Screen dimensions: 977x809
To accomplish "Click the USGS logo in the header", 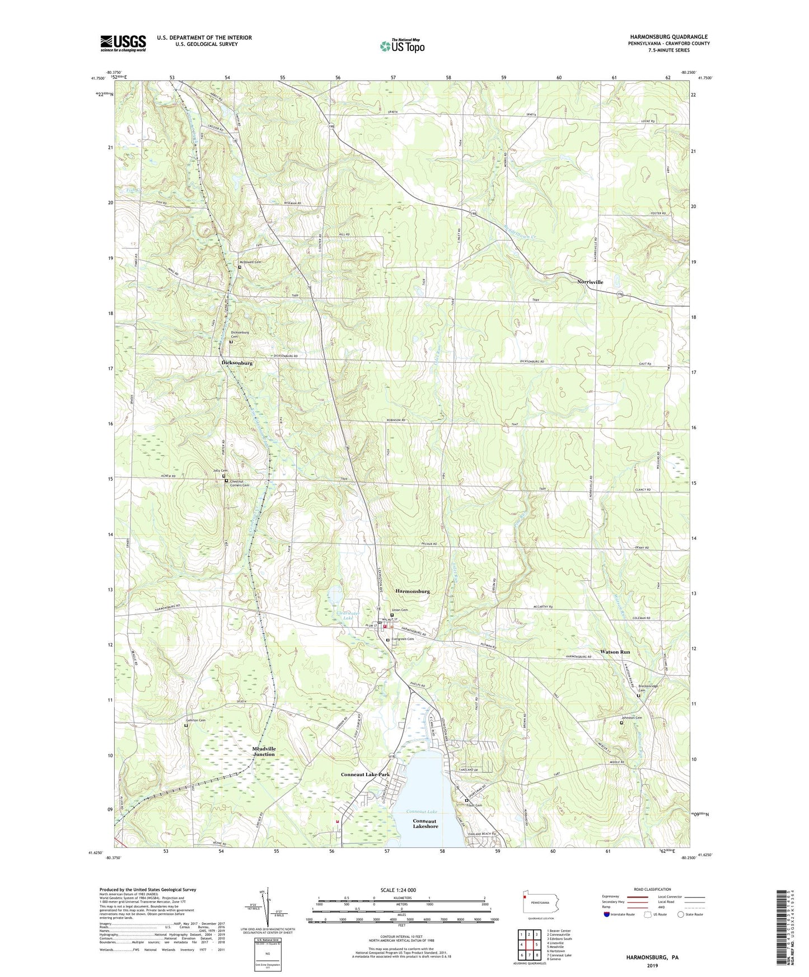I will pos(123,43).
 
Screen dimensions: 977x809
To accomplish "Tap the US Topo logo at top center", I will pos(401,45).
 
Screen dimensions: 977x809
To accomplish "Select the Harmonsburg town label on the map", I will pos(413,591).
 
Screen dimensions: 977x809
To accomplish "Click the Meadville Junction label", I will pos(256,751).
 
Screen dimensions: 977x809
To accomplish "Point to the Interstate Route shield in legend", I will pos(608,915).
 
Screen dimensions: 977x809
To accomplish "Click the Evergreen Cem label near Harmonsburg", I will pos(403,639).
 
